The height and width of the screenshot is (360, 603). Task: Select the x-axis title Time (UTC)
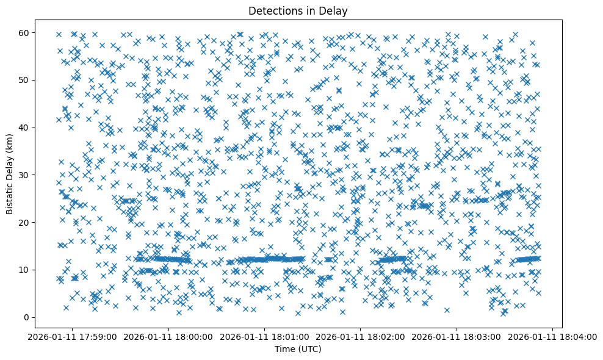pyautogui.click(x=298, y=350)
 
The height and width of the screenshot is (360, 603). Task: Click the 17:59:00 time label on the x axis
pyautogui.click(x=73, y=337)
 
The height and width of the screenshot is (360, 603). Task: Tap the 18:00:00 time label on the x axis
pyautogui.click(x=168, y=337)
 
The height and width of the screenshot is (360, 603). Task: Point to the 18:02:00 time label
pyautogui.click(x=361, y=337)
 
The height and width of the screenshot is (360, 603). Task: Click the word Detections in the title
pyautogui.click(x=273, y=10)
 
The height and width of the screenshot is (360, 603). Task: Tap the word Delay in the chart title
pyautogui.click(x=335, y=10)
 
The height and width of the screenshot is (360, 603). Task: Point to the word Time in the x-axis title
pyautogui.click(x=284, y=350)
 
